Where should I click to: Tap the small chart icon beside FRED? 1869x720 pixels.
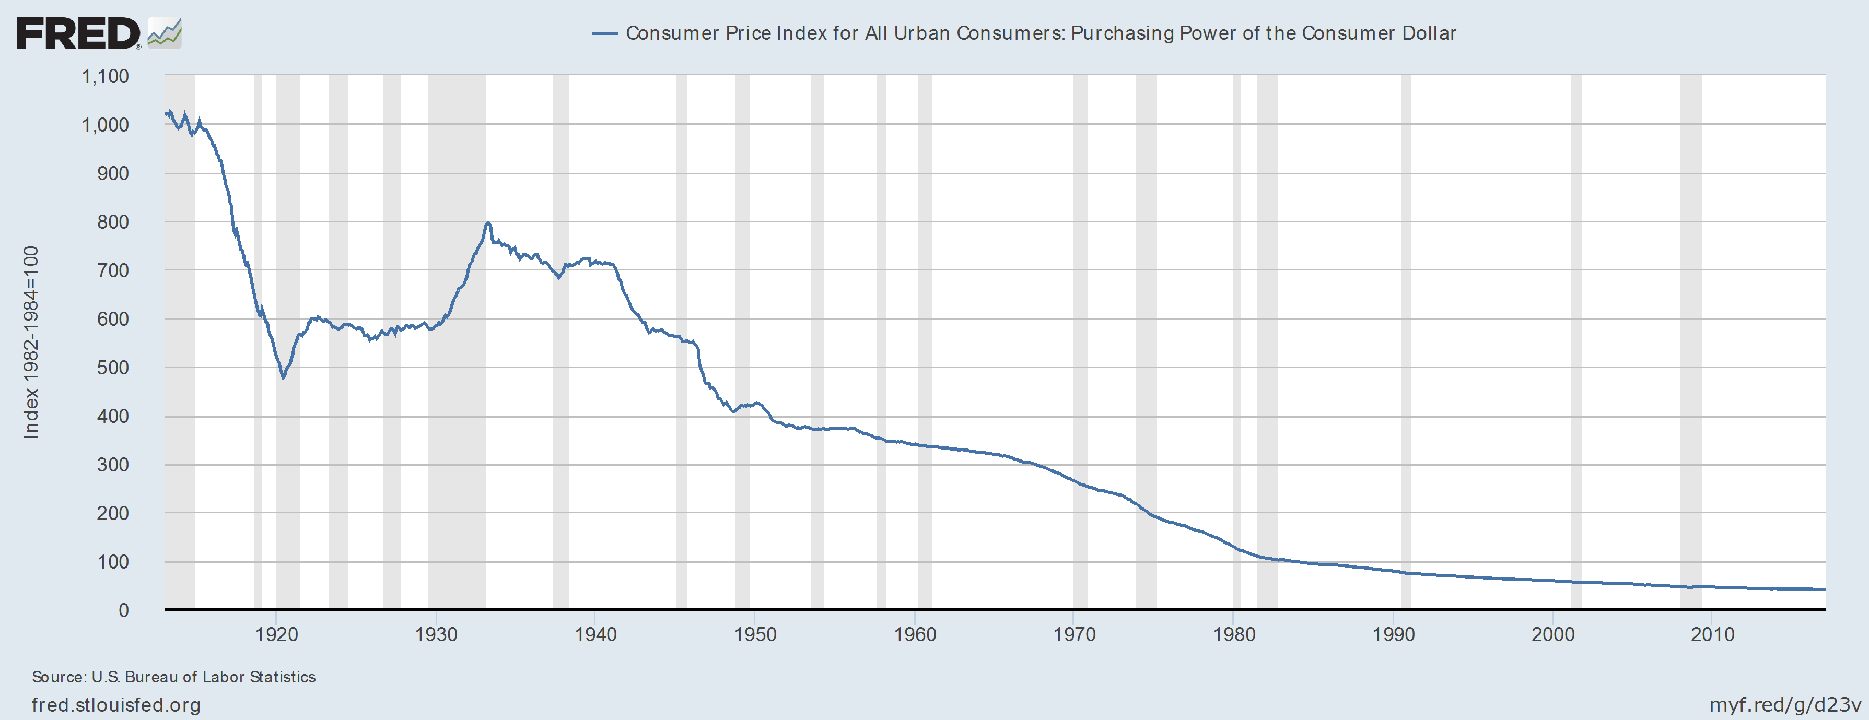pyautogui.click(x=165, y=34)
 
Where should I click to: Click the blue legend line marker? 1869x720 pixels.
pyautogui.click(x=604, y=33)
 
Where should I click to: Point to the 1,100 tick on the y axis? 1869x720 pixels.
pyautogui.click(x=105, y=76)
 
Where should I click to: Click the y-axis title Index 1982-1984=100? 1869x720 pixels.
pyautogui.click(x=30, y=342)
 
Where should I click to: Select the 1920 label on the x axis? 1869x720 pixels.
pyautogui.click(x=276, y=634)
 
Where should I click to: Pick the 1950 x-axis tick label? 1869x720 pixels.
pyautogui.click(x=755, y=634)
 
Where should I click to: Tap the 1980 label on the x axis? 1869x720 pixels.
pyautogui.click(x=1234, y=634)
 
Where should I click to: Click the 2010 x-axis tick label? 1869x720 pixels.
pyautogui.click(x=1712, y=634)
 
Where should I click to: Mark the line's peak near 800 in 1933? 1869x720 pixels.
pyautogui.click(x=488, y=223)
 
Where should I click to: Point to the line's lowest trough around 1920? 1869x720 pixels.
pyautogui.click(x=283, y=377)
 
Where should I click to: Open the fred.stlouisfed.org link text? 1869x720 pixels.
pyautogui.click(x=116, y=705)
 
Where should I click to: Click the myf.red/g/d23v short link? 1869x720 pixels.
pyautogui.click(x=1785, y=705)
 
